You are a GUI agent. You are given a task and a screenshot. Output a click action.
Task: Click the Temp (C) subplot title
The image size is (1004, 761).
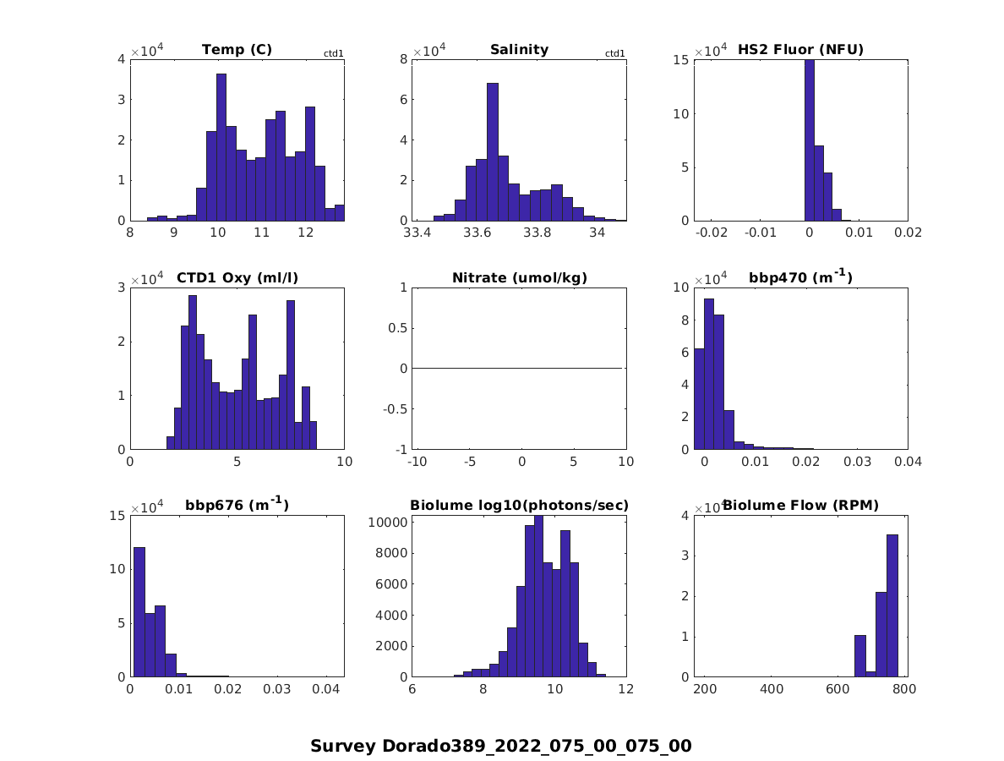(x=237, y=50)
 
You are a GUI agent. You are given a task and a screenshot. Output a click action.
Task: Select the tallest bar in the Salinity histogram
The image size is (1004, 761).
(x=493, y=152)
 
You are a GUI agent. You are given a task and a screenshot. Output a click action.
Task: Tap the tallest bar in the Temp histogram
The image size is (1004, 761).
(x=221, y=147)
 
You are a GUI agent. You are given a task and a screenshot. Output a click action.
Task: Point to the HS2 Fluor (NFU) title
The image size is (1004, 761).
(x=800, y=50)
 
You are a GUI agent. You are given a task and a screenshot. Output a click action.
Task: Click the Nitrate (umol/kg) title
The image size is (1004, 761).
(x=519, y=278)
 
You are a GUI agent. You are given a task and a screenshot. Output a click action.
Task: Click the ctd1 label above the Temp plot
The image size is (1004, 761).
(x=334, y=54)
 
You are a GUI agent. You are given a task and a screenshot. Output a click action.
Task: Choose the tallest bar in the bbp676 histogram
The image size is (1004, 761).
(x=139, y=612)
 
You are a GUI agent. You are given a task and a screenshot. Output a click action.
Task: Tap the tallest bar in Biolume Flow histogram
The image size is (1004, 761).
(x=892, y=605)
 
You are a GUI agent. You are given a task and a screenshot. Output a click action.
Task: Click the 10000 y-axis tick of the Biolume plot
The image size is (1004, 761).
(x=390, y=523)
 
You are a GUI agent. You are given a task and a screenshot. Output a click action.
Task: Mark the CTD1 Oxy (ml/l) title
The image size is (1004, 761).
(x=237, y=278)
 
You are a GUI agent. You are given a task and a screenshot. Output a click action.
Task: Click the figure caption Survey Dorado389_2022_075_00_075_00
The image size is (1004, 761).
(x=501, y=746)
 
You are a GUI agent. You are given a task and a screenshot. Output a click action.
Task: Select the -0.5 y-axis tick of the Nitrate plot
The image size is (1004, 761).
(x=395, y=408)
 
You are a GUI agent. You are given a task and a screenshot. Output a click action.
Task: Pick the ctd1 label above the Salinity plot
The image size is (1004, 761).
(x=615, y=54)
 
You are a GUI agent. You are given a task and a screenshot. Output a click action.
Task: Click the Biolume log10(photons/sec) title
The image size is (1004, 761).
(x=519, y=506)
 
